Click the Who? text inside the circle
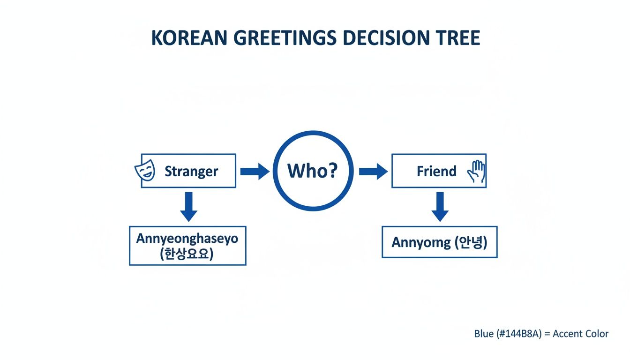click(312, 171)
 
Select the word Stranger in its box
click(191, 172)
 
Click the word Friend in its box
click(436, 172)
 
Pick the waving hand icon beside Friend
click(476, 172)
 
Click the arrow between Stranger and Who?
click(255, 172)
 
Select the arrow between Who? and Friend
click(373, 172)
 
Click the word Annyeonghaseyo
click(187, 238)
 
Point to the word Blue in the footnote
click(484, 334)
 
